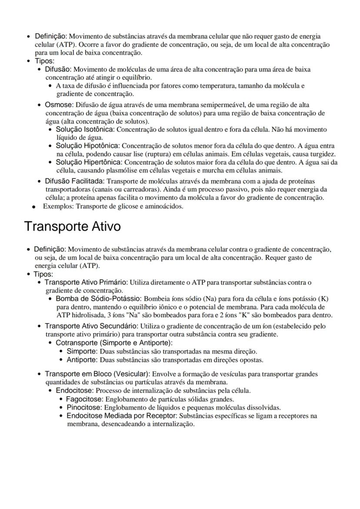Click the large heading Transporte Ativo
tap(72, 227)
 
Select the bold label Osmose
tap(59, 105)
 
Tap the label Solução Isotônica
tap(85, 130)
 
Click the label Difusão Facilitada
tap(74, 181)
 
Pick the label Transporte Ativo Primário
tap(86, 282)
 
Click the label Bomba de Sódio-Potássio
tap(98, 299)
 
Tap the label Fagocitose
tap(85, 399)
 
